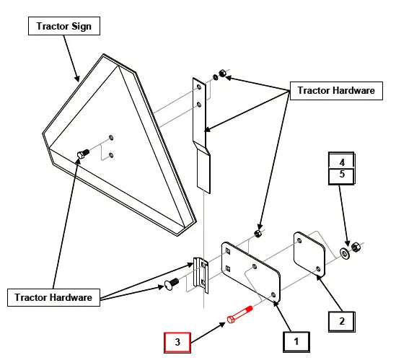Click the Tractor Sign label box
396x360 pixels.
pos(64,26)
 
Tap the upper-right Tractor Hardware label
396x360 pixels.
pos(336,91)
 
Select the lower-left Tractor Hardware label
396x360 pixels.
pos(53,298)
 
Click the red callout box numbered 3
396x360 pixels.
pos(177,342)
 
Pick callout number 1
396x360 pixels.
pos(296,342)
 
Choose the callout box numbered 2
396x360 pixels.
pos(342,321)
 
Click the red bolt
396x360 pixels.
pos(239,315)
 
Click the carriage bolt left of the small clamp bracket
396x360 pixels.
pos(172,284)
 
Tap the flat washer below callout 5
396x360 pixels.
pos(344,253)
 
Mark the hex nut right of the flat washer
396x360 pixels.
pos(356,246)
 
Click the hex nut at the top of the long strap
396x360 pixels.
pos(222,73)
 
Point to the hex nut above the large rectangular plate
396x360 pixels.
pos(258,234)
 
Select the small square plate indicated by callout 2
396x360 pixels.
pos(309,254)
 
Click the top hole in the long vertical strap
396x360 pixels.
pos(199,87)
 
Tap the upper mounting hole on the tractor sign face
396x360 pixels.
pos(111,138)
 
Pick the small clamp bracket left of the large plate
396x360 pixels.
pos(201,276)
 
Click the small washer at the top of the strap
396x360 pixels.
pos(216,77)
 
